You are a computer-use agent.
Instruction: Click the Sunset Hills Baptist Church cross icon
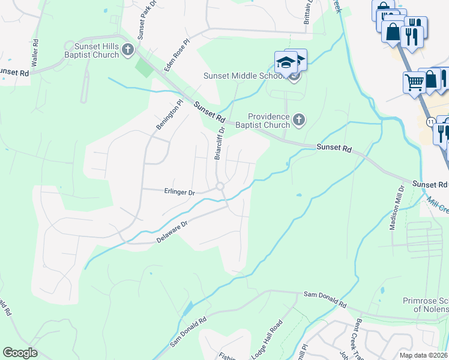click(127, 50)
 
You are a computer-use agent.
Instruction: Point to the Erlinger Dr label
click(179, 193)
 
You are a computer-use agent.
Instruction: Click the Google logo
click(20, 353)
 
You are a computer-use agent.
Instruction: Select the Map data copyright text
click(422, 355)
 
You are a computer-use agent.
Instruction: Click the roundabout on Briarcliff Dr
click(220, 187)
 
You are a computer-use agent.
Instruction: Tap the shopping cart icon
click(414, 82)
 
